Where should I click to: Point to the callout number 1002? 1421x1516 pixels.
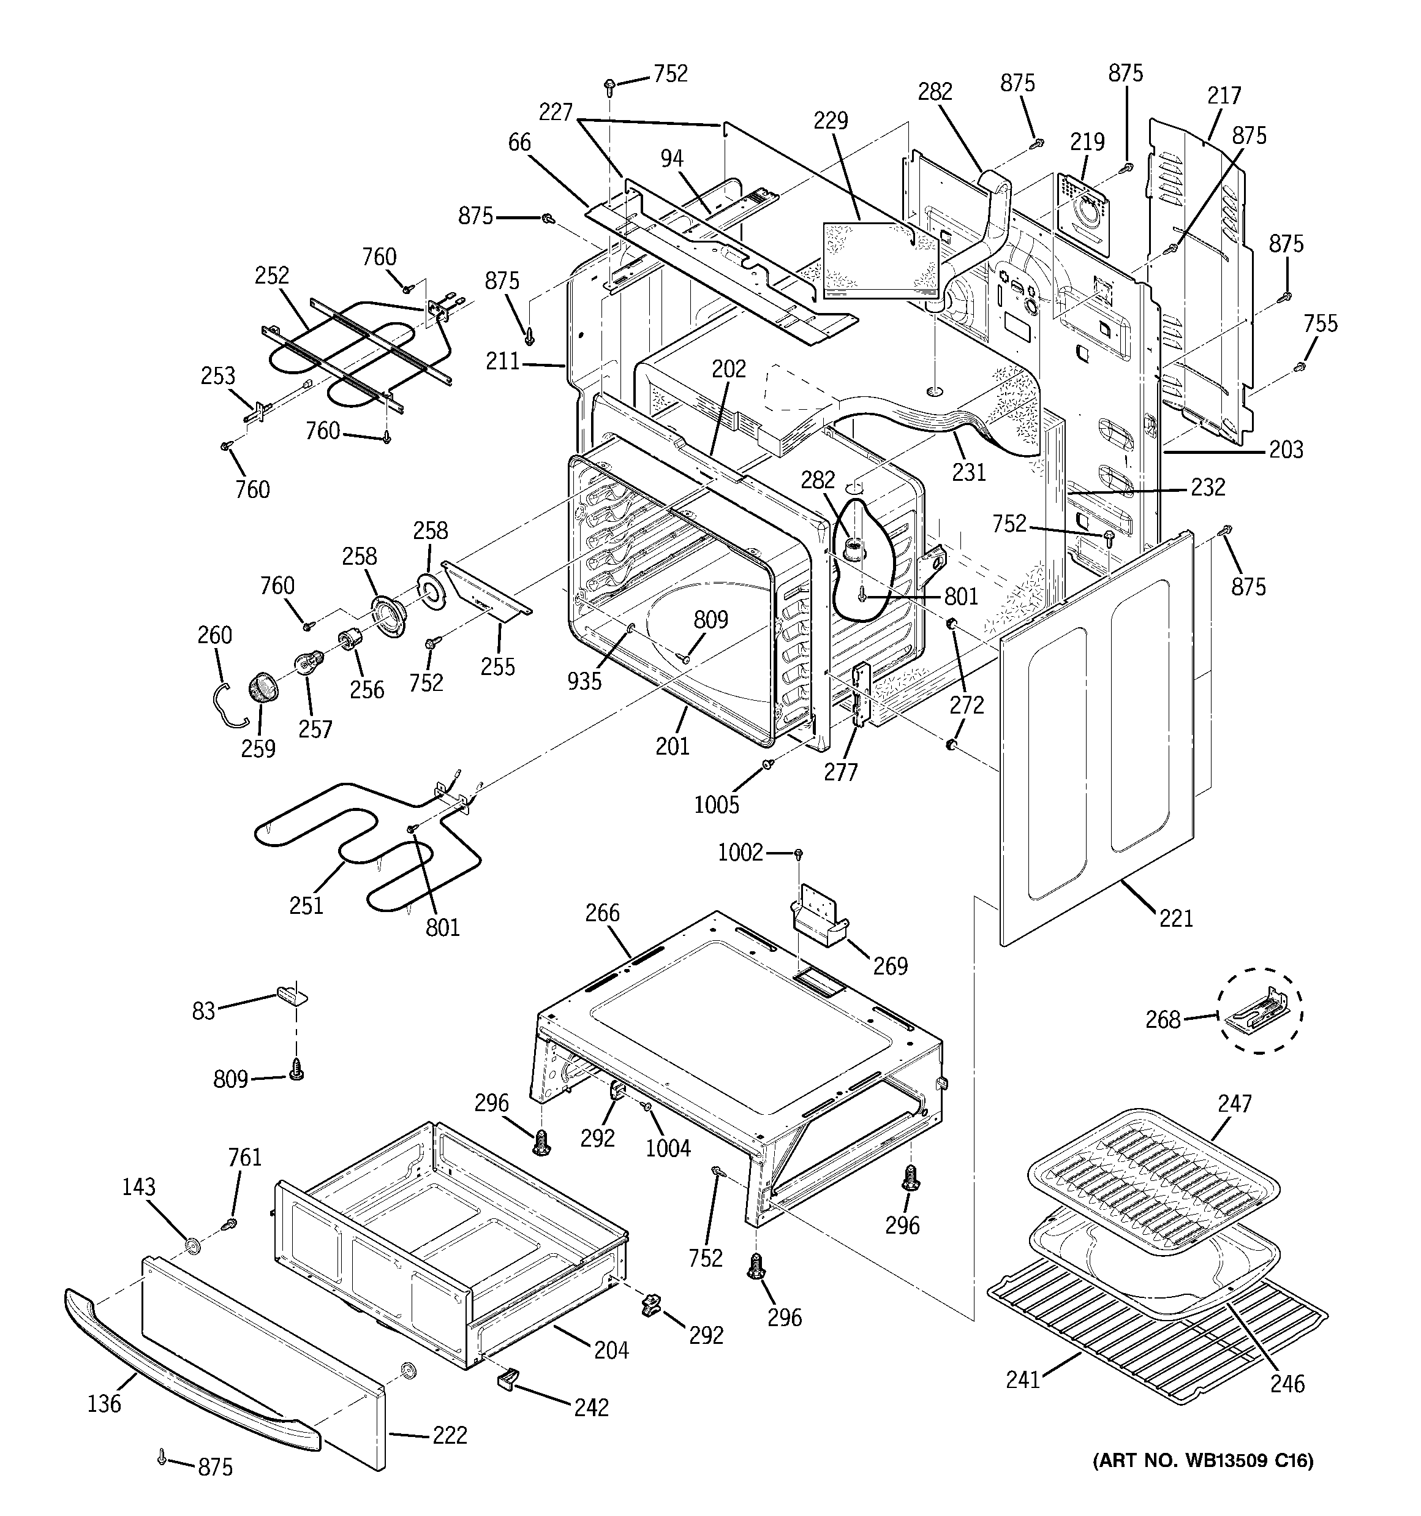740,853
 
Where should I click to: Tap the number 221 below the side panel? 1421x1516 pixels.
1175,918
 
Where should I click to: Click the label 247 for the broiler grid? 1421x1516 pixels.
1234,1103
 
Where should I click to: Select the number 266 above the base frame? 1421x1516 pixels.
603,913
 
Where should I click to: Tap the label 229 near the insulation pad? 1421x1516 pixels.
831,121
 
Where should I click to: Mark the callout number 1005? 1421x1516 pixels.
716,804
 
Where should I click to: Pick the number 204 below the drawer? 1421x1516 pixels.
611,1351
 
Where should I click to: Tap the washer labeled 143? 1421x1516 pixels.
192,1246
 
